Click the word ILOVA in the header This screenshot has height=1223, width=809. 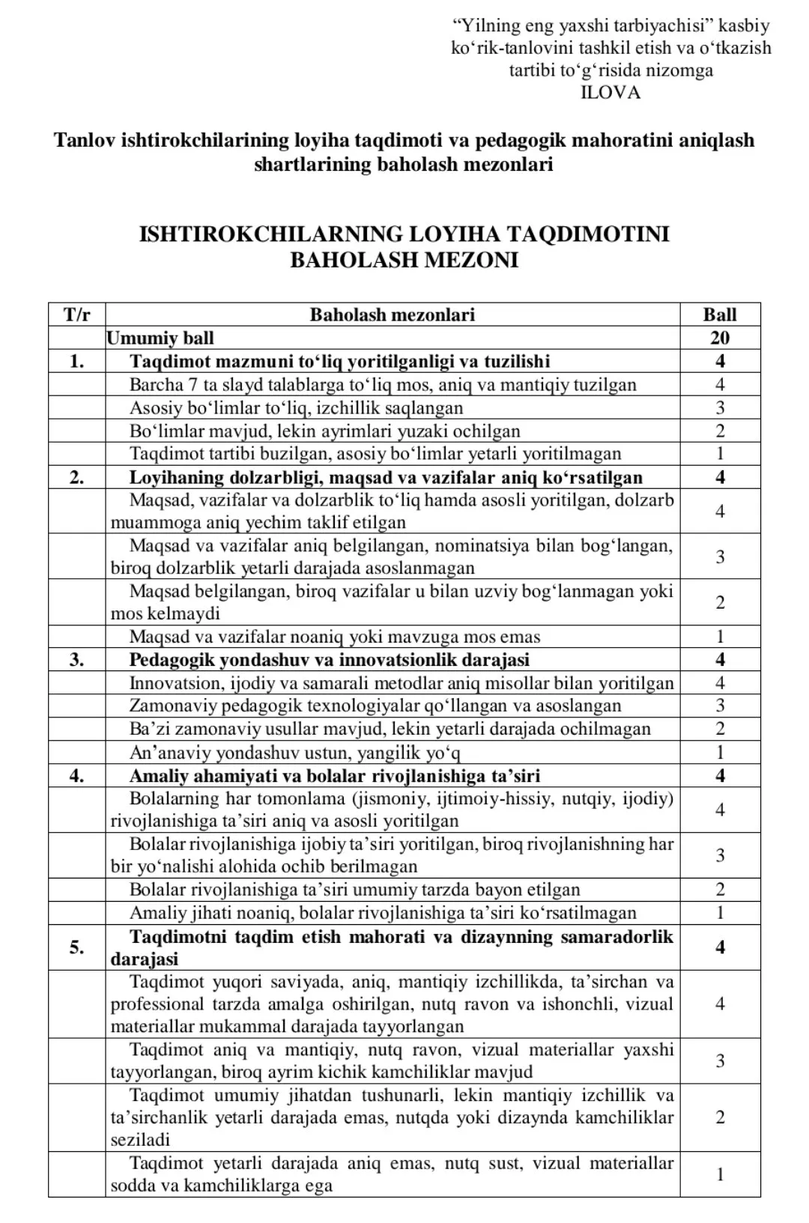click(610, 93)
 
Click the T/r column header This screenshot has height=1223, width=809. click(76, 315)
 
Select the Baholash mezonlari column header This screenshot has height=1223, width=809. click(393, 315)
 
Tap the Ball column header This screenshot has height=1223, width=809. click(720, 315)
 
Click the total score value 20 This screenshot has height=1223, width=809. click(720, 338)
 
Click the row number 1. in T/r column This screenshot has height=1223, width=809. click(76, 362)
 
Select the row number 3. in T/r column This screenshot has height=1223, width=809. click(76, 660)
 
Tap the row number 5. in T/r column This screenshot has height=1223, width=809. click(76, 947)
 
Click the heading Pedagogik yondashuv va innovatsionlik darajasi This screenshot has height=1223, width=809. click(330, 660)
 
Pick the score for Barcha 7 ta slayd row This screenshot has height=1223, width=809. click(720, 385)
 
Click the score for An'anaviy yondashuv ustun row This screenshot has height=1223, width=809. click(720, 752)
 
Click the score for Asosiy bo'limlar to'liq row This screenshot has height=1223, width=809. click(720, 408)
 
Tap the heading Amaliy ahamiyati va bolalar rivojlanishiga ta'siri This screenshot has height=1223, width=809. click(335, 775)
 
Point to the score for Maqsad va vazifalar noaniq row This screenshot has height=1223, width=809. click(720, 637)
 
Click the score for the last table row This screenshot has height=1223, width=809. click(720, 1174)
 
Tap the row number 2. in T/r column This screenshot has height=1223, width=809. click(76, 477)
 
